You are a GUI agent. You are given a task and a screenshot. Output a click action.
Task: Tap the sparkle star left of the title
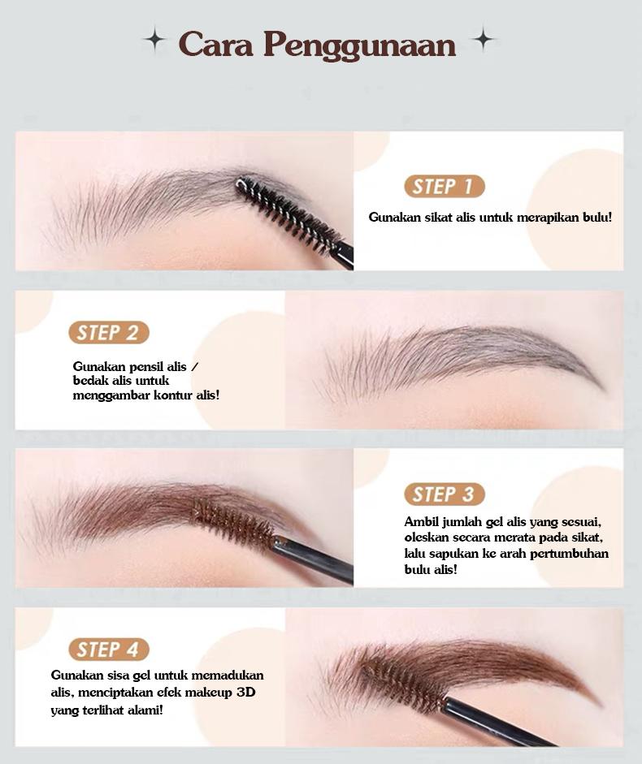click(153, 38)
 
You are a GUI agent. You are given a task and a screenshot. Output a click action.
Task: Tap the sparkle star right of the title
click(484, 38)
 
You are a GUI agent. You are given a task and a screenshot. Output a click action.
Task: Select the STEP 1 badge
click(444, 187)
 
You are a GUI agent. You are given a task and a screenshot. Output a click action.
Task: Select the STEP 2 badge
click(108, 333)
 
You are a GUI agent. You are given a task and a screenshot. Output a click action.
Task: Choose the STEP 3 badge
click(444, 494)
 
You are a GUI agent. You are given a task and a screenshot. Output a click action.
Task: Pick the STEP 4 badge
click(108, 650)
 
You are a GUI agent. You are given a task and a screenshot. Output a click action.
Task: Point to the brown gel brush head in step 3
click(234, 524)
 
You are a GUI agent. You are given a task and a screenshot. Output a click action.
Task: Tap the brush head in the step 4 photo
click(403, 684)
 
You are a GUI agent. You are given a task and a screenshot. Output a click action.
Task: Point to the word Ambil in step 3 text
click(422, 522)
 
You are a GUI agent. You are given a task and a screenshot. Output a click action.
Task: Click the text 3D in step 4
click(245, 693)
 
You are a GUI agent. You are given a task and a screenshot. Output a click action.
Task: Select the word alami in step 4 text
click(143, 710)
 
